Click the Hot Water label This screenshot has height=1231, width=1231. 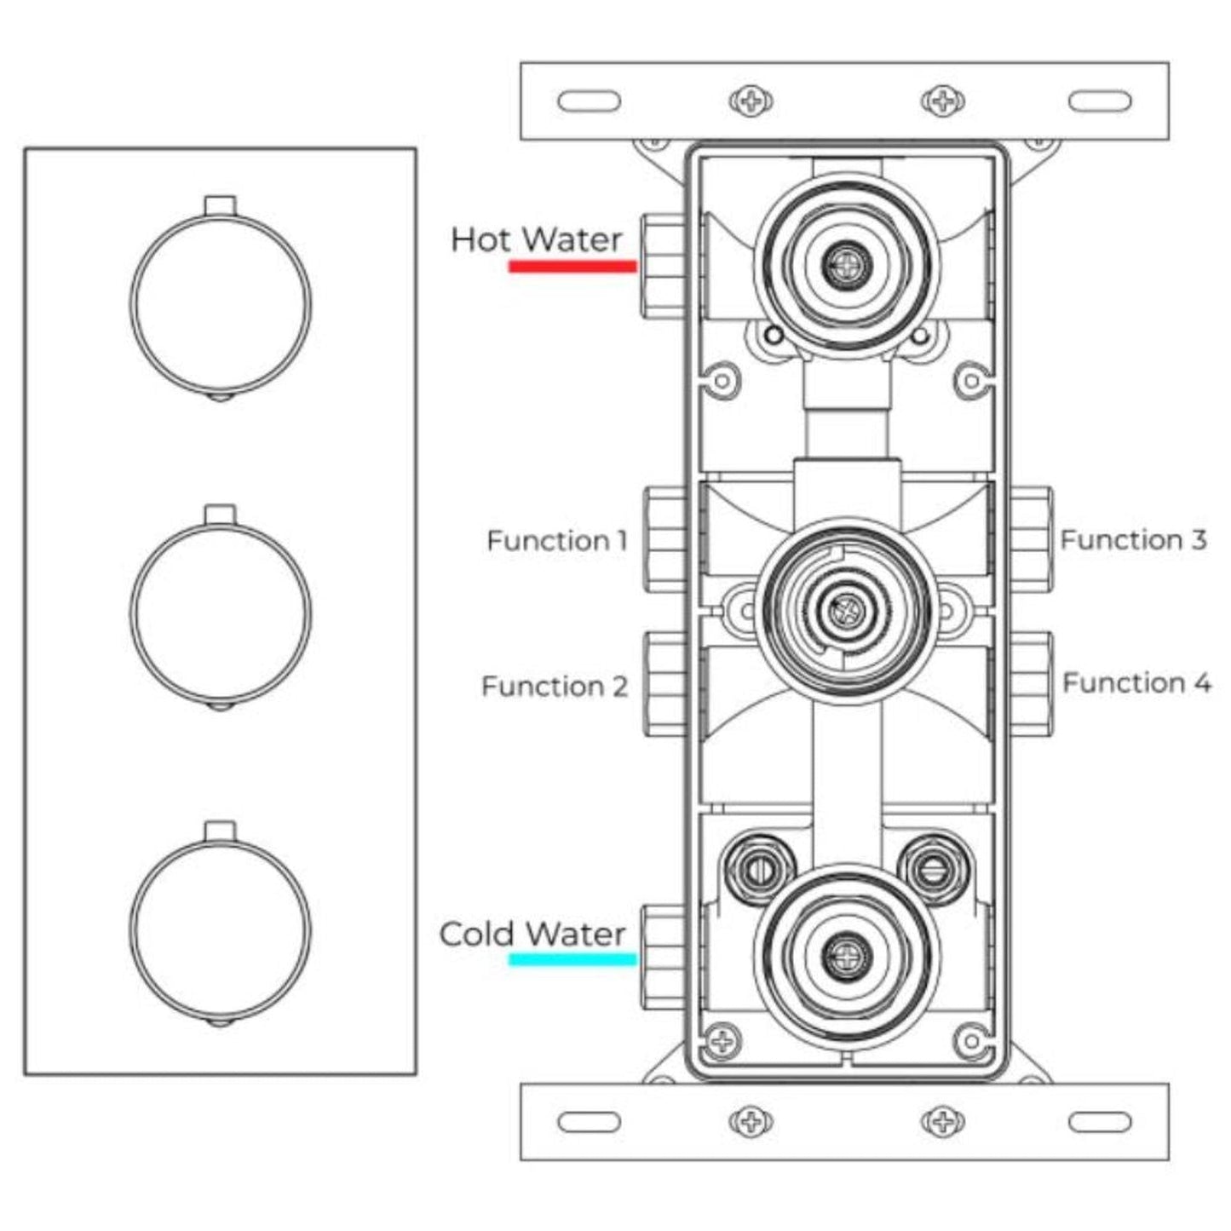tap(536, 240)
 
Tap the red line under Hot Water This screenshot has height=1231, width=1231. tap(572, 267)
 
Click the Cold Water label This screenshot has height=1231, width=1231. tap(532, 935)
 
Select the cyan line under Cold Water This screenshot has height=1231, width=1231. tap(572, 960)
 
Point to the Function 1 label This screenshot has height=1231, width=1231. tap(556, 540)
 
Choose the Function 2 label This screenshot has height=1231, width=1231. tap(554, 686)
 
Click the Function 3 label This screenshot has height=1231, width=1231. tap(1133, 539)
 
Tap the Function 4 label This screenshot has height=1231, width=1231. tap(1136, 682)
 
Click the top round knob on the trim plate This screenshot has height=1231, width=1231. tap(221, 303)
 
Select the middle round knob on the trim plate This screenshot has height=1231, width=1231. tap(221, 612)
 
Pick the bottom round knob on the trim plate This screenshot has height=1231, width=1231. tap(221, 926)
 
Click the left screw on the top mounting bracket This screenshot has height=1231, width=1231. tap(751, 102)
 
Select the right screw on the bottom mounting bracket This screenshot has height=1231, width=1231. tap(942, 1121)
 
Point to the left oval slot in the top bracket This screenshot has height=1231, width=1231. tap(590, 102)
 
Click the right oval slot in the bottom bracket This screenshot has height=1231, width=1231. tap(1101, 1122)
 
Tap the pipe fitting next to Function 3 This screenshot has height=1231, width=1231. tap(1032, 540)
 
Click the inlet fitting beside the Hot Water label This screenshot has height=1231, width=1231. tap(663, 265)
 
